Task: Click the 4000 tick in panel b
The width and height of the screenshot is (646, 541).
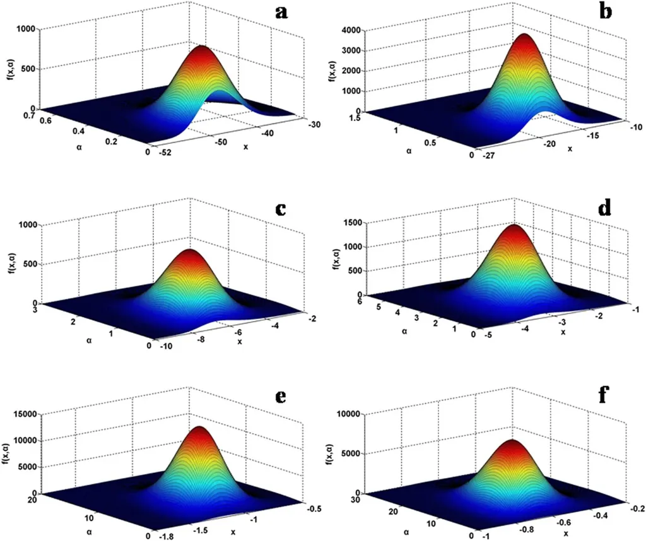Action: (352, 30)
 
